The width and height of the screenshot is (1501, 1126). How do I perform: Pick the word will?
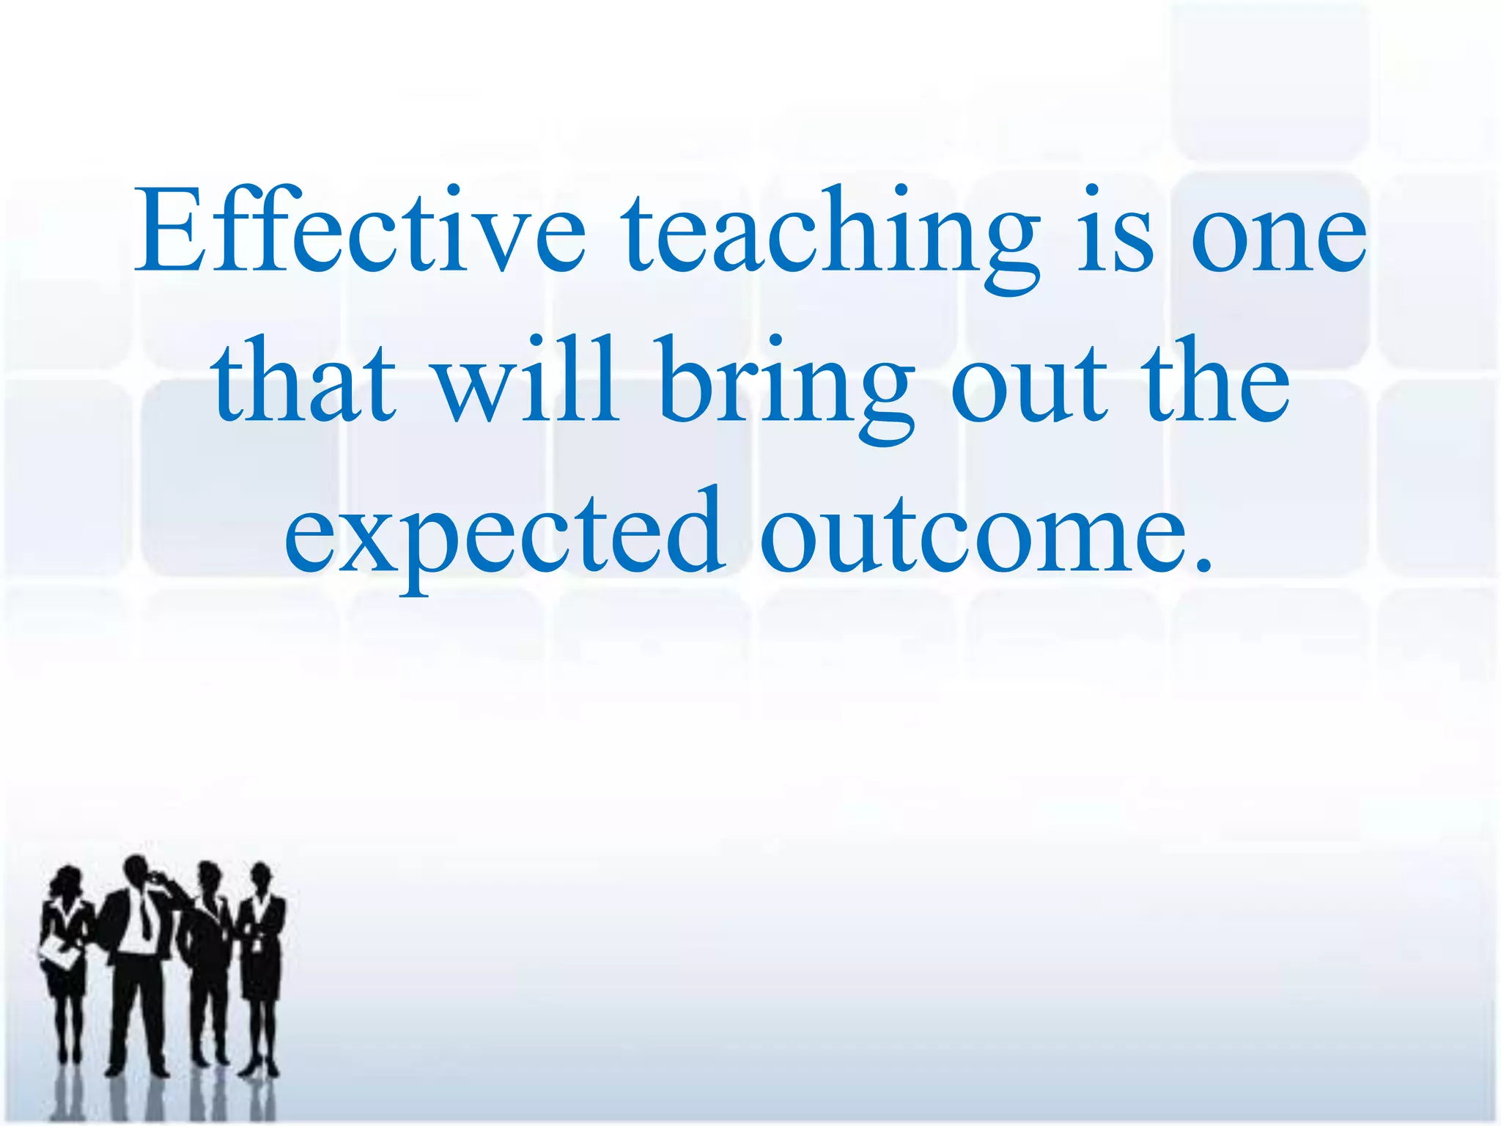tap(527, 381)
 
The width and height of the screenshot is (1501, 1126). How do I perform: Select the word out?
tap(1029, 386)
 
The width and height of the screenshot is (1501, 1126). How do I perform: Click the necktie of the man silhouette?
tap(144, 917)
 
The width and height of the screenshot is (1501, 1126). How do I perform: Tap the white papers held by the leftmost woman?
tap(59, 954)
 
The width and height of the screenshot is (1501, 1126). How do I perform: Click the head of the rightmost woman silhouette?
tap(261, 877)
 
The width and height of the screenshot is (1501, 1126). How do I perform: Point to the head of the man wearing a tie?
tap(137, 872)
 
